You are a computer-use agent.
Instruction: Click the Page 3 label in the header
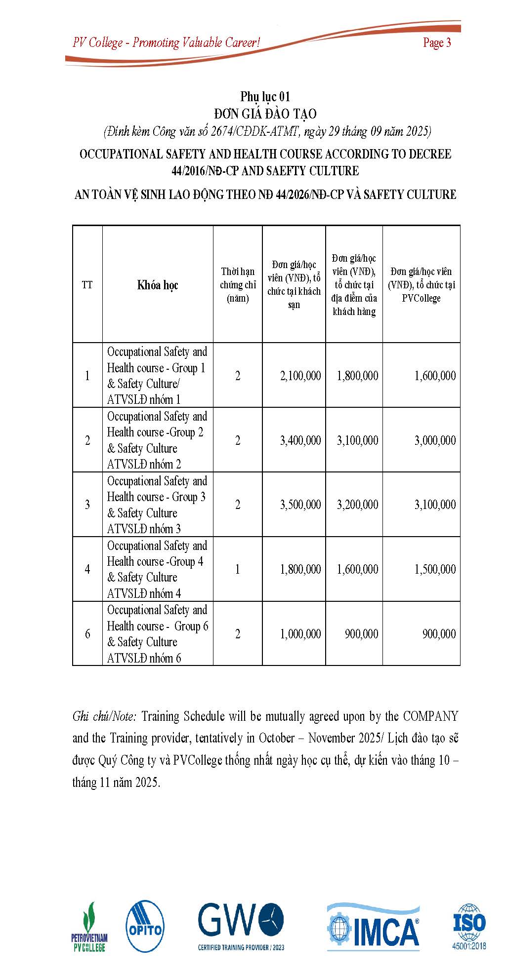[x=437, y=43]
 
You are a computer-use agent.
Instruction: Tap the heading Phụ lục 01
[x=265, y=96]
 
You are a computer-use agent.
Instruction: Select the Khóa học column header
[x=158, y=285]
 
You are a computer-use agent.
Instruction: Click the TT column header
[x=87, y=285]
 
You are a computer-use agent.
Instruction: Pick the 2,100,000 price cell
[x=300, y=376]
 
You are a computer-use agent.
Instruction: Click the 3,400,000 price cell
[x=300, y=440]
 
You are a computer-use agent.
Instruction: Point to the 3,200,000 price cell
[x=357, y=505]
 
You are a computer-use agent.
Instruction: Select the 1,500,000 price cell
[x=435, y=569]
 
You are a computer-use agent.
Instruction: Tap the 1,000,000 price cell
[x=300, y=634]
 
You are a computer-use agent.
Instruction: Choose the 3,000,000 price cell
[x=435, y=440]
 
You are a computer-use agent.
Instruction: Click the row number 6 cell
[x=87, y=634]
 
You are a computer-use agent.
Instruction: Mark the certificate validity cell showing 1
[x=238, y=569]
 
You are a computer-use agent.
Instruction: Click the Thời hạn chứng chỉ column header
[x=238, y=285]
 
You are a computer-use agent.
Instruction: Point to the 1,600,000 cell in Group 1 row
[x=435, y=376]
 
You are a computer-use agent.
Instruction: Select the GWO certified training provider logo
[x=241, y=926]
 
